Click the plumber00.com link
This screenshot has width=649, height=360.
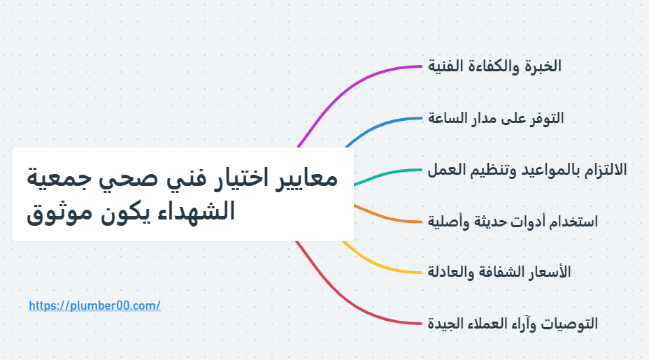coord(94,305)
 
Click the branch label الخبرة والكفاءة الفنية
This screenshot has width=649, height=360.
coord(494,66)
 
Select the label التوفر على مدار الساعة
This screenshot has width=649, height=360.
coord(496,118)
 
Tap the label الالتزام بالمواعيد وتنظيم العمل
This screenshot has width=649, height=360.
coord(527,170)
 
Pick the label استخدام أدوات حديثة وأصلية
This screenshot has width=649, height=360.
coord(513,222)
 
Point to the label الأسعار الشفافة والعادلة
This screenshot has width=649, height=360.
coord(499,273)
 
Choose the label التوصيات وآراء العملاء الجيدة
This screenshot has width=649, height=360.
coord(513,324)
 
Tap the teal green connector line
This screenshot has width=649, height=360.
coord(387,174)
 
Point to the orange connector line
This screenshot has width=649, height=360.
coord(387,217)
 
